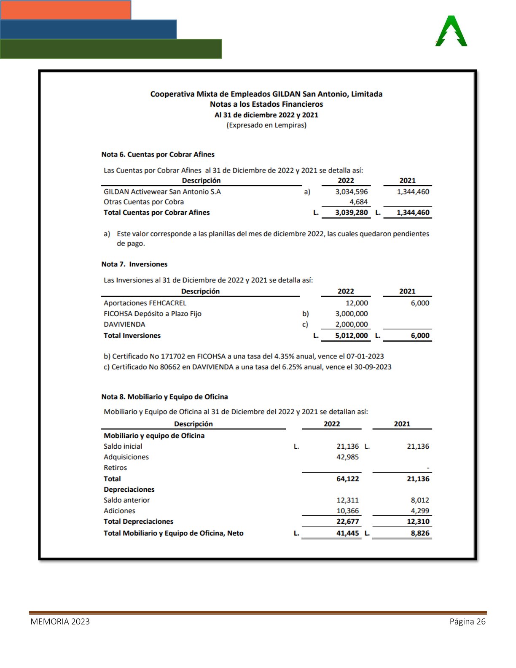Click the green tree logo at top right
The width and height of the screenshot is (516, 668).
coord(451,31)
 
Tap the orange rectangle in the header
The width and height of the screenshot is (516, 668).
coord(65,10)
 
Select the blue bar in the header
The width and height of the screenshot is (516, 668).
coord(88,29)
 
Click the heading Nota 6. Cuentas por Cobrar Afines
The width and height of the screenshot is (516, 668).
coord(158,154)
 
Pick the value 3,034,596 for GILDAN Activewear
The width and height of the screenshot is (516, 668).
coord(351,192)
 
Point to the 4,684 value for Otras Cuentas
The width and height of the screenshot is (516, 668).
coord(358,202)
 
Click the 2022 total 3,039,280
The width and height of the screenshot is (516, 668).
coord(351,213)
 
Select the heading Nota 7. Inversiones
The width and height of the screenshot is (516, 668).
coord(134,264)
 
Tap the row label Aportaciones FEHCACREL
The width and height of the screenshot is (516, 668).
coord(145,303)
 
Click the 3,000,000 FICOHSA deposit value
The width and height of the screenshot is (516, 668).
coord(351,314)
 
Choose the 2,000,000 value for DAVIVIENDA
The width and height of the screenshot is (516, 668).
coord(351,324)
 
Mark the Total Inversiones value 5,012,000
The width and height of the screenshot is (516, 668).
coord(351,336)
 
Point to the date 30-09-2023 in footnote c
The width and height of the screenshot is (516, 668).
coord(372,367)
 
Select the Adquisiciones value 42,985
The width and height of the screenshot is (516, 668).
coord(347,457)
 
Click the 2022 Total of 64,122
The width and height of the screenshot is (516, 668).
coord(347,479)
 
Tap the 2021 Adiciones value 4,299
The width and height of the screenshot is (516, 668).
coord(420,511)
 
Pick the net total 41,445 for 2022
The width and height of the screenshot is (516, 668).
coord(347,533)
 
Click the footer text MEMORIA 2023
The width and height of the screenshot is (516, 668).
coord(60,622)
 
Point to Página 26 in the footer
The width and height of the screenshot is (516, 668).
coord(468,622)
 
